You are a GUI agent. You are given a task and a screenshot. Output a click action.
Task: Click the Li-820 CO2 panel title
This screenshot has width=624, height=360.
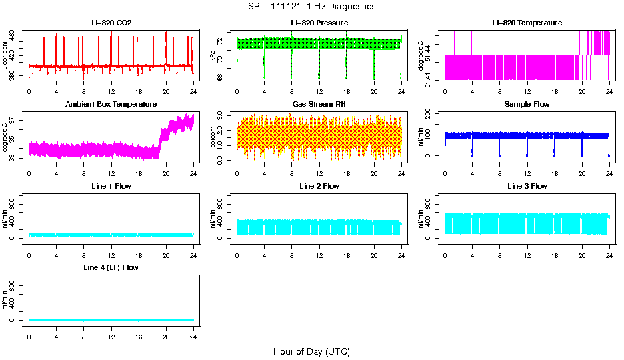pyautogui.click(x=111, y=23)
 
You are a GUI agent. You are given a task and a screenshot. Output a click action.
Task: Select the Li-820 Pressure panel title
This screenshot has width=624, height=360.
pyautogui.click(x=319, y=23)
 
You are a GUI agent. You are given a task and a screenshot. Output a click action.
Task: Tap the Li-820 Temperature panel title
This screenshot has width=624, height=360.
pyautogui.click(x=527, y=23)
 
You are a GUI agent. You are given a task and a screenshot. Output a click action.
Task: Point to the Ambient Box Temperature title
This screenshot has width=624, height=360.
pyautogui.click(x=111, y=105)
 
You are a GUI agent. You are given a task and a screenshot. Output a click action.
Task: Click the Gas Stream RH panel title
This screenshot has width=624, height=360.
pyautogui.click(x=319, y=105)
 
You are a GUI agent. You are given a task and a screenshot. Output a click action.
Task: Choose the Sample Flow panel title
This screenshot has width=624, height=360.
pyautogui.click(x=527, y=105)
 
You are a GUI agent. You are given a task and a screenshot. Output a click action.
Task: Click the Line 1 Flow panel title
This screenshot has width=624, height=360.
pyautogui.click(x=111, y=186)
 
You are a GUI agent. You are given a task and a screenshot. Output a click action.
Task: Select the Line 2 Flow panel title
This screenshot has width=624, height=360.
pyautogui.click(x=319, y=186)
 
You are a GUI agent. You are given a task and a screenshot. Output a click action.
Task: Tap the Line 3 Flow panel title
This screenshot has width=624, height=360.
pyautogui.click(x=527, y=186)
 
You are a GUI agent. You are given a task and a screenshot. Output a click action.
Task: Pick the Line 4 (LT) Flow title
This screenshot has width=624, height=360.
pyautogui.click(x=111, y=267)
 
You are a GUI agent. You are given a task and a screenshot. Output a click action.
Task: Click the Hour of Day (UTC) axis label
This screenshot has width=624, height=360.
pyautogui.click(x=311, y=351)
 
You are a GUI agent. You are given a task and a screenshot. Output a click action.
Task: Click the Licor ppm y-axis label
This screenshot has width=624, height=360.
pyautogui.click(x=5, y=56)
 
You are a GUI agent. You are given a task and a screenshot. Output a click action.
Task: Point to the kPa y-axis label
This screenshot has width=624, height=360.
pyautogui.click(x=213, y=56)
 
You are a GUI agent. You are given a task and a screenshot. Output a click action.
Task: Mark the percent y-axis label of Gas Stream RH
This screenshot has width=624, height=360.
pyautogui.click(x=213, y=137)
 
